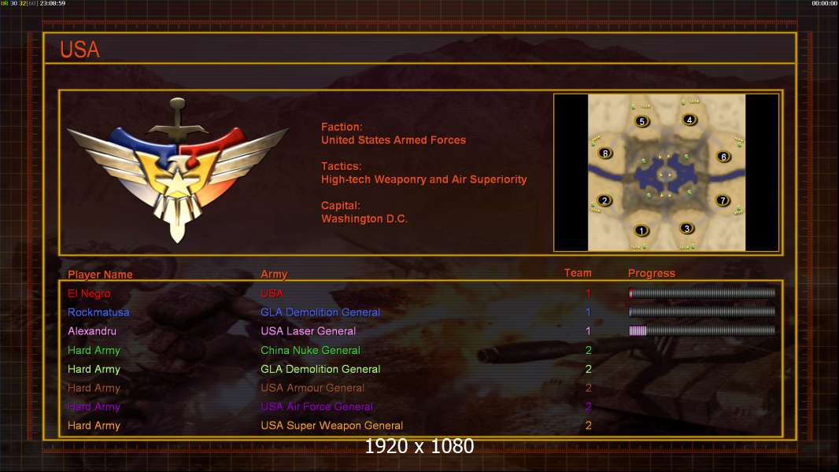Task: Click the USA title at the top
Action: click(x=79, y=50)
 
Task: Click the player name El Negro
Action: click(x=89, y=293)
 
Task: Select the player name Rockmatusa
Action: click(x=98, y=312)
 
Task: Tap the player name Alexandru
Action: click(x=92, y=331)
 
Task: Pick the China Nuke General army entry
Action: click(x=310, y=350)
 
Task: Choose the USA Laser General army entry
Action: click(x=308, y=331)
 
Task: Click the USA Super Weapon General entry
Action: click(x=331, y=426)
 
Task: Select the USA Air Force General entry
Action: click(x=316, y=407)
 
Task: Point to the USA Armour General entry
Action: click(x=312, y=388)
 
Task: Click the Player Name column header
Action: click(x=100, y=275)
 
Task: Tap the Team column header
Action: click(x=578, y=273)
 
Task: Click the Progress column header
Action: click(x=652, y=274)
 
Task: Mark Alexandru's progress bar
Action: click(x=702, y=331)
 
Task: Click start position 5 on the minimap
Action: click(x=642, y=121)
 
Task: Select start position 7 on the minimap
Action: click(x=723, y=201)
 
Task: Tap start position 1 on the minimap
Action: click(x=641, y=230)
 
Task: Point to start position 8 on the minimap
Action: click(x=604, y=153)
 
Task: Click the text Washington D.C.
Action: click(x=364, y=219)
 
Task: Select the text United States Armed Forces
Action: click(x=394, y=140)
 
